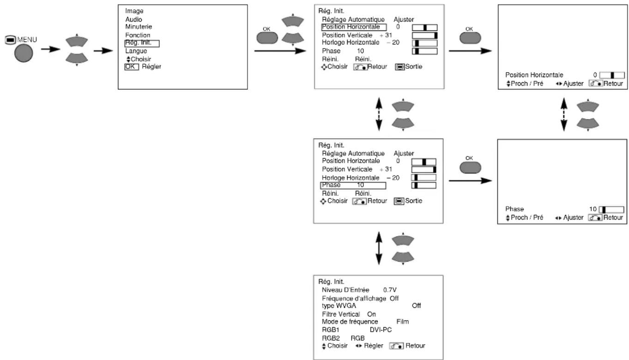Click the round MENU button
24,53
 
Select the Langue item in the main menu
136,51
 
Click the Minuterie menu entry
139,27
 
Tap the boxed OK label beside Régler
132,67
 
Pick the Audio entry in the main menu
133,19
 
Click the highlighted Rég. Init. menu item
142,43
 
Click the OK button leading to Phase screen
470,168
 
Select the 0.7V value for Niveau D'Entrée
390,290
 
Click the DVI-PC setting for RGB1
381,329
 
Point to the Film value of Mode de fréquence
402,322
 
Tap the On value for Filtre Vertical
371,314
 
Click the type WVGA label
339,306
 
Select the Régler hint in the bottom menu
373,346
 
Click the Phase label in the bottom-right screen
514,209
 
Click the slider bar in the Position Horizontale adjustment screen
612,75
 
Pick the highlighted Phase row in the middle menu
353,185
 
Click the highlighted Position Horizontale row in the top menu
354,27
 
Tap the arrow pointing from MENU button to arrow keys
50,49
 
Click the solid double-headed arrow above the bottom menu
379,248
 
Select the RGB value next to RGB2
357,338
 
